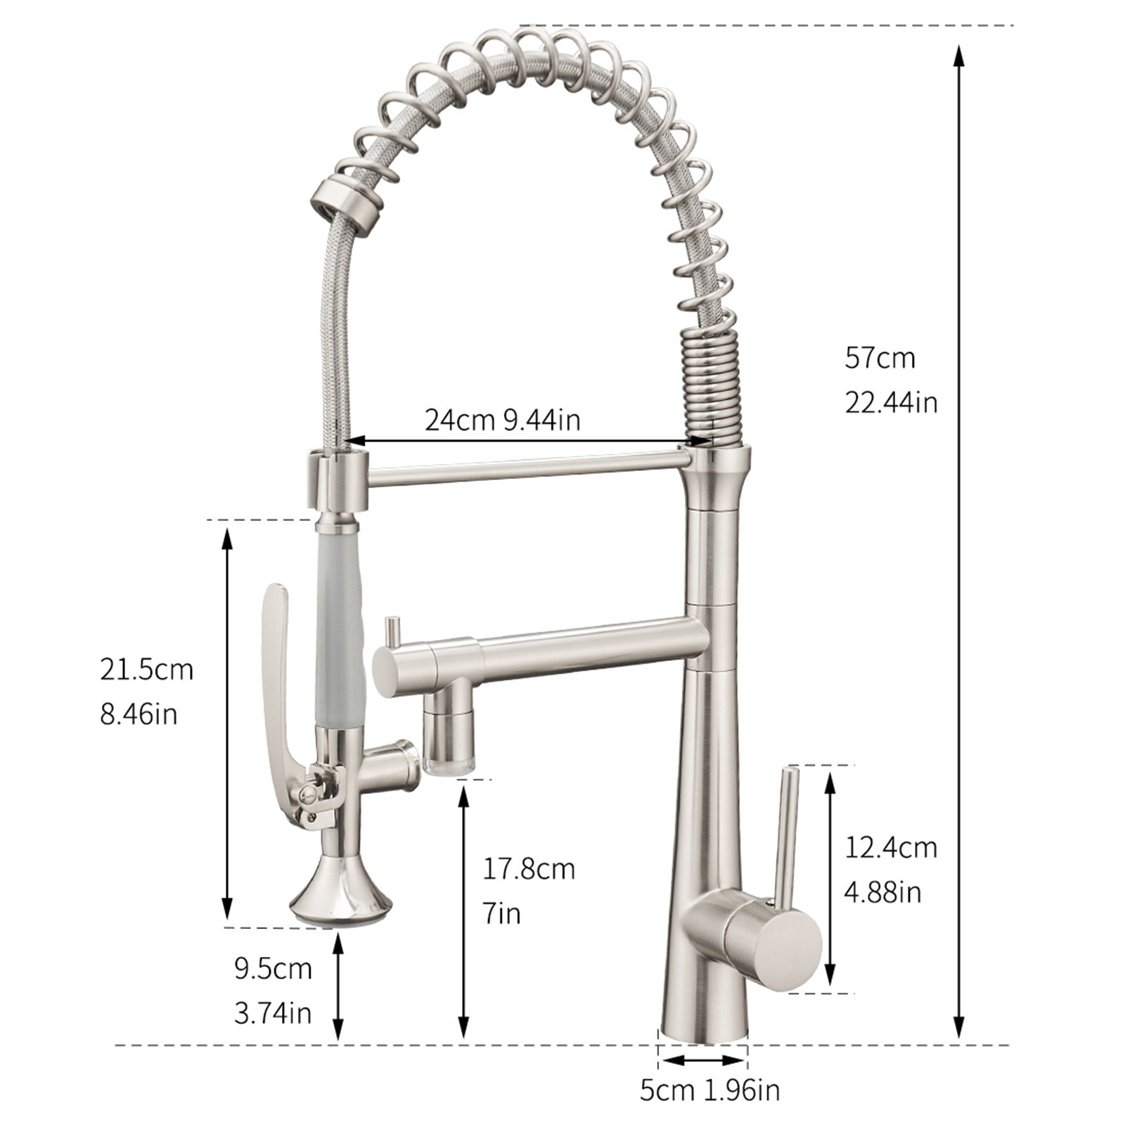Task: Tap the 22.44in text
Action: pos(891,403)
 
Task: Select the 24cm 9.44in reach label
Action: pos(502,420)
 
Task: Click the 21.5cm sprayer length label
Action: pos(146,669)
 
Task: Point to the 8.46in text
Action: pos(139,714)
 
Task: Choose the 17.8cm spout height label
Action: pos(528,869)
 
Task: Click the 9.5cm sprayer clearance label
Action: pos(273,969)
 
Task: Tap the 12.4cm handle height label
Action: pos(891,847)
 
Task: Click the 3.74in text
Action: pos(273,1013)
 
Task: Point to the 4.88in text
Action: pos(882,892)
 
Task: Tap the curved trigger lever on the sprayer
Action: pos(280,661)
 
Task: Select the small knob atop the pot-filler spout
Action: pos(392,628)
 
